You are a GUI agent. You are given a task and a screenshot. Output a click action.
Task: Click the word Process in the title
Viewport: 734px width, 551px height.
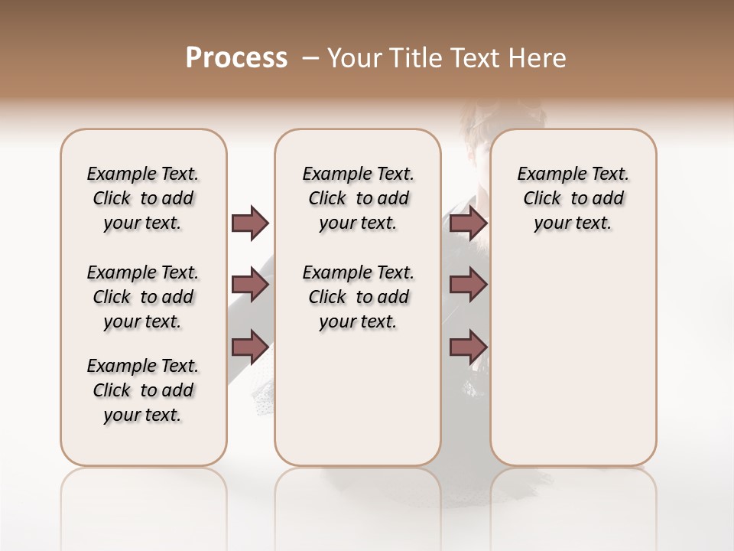pyautogui.click(x=236, y=58)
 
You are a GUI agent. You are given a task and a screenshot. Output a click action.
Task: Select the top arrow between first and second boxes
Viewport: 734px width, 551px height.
pyautogui.click(x=250, y=223)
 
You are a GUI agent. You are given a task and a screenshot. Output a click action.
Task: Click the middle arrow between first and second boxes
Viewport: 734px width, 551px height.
pyautogui.click(x=250, y=285)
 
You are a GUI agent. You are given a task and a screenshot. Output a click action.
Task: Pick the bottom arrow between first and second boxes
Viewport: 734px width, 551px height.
pyautogui.click(x=250, y=347)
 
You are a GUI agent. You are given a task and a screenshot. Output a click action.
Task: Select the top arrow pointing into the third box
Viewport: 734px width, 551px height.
pyautogui.click(x=468, y=223)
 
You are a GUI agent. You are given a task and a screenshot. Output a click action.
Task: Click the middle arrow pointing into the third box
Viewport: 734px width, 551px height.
pyautogui.click(x=468, y=285)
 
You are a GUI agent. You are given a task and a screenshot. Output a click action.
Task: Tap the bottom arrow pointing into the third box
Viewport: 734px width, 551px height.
pyautogui.click(x=468, y=347)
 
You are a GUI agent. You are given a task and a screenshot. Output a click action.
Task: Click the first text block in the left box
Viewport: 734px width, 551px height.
pyautogui.click(x=143, y=198)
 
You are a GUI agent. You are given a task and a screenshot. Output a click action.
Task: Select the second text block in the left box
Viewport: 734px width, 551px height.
pyautogui.click(x=143, y=297)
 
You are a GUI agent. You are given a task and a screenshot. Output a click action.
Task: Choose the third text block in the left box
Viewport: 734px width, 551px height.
pyautogui.click(x=143, y=390)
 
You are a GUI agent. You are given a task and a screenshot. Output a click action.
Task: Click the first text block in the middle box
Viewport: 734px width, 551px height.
pyautogui.click(x=358, y=198)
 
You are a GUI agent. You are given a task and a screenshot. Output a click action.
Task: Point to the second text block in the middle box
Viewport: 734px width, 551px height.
pyautogui.click(x=358, y=297)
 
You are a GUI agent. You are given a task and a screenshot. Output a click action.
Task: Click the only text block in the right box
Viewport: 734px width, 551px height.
pyautogui.click(x=573, y=198)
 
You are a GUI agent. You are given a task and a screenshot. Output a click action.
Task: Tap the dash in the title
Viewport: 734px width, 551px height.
pyautogui.click(x=310, y=58)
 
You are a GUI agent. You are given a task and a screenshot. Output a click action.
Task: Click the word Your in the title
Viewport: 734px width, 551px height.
pyautogui.click(x=355, y=58)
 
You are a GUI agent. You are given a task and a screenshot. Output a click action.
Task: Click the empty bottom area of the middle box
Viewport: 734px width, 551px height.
pyautogui.click(x=358, y=406)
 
